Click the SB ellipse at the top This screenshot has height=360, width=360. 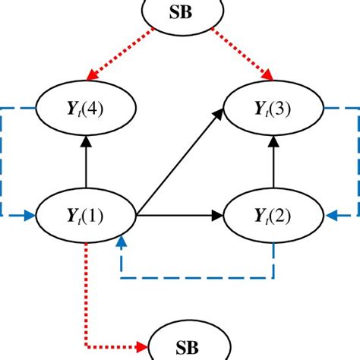[x=180, y=13]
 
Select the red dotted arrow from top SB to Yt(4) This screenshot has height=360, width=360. [x=122, y=54]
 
